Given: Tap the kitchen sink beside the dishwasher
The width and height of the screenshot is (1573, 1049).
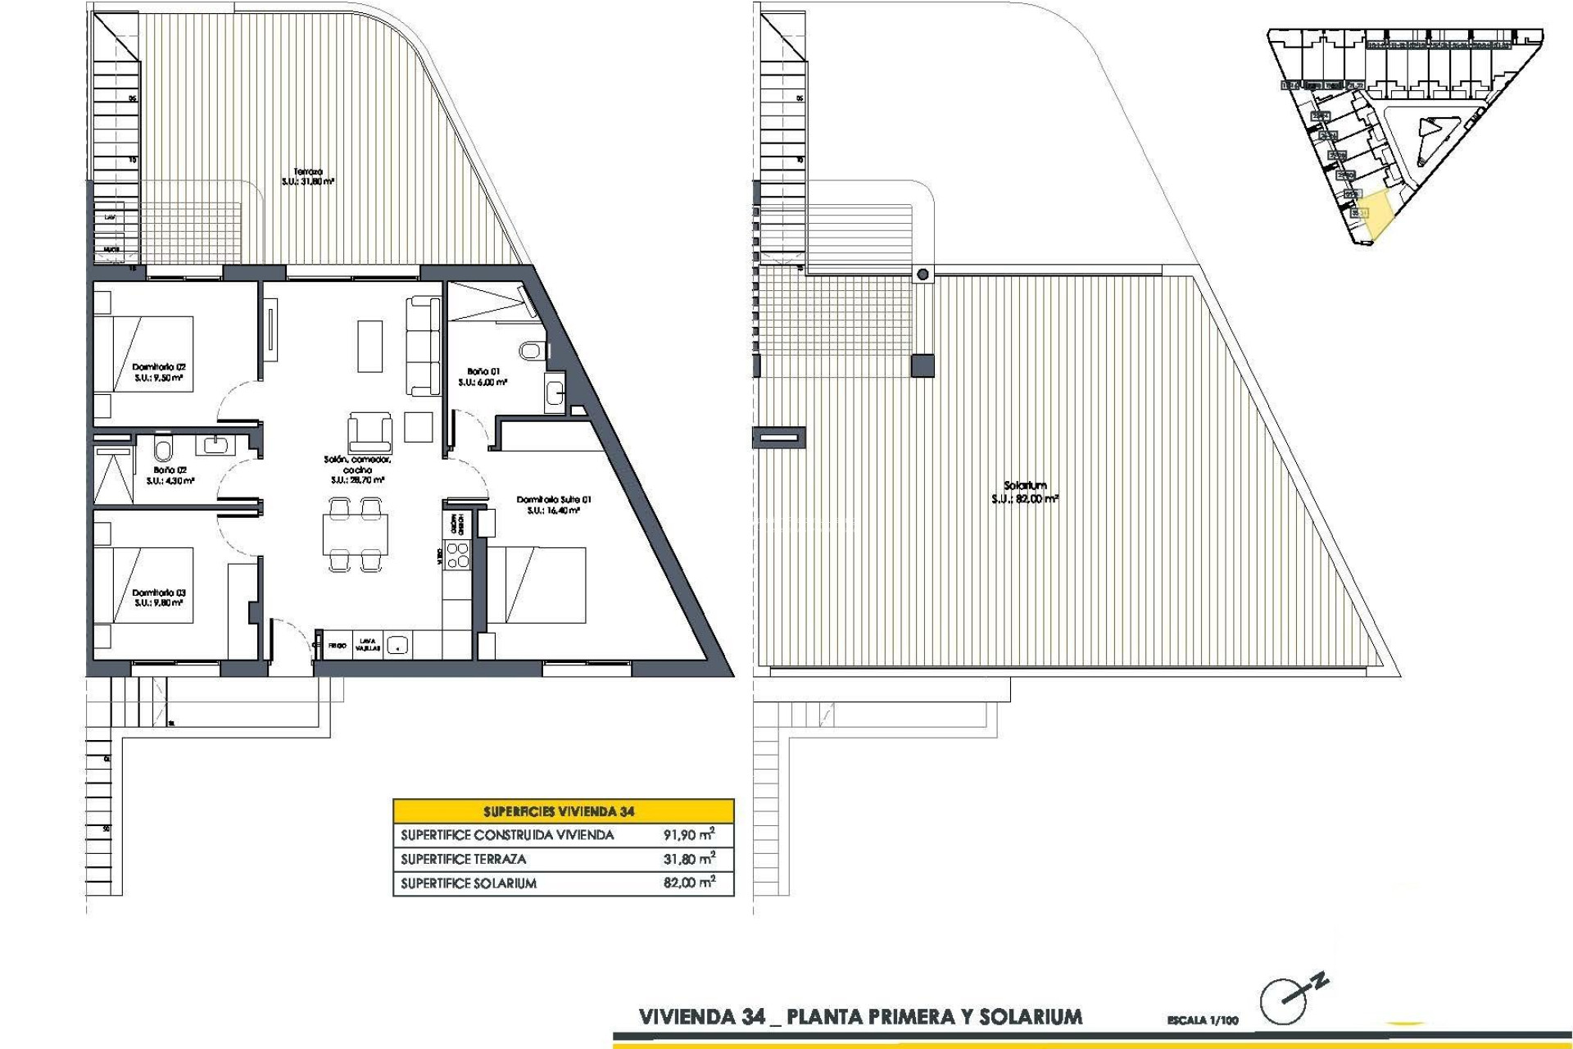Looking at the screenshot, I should click(x=397, y=645).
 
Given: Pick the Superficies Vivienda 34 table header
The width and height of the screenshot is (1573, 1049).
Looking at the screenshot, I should click(x=559, y=811).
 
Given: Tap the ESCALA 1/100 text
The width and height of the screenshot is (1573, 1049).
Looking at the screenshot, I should click(x=1203, y=1020).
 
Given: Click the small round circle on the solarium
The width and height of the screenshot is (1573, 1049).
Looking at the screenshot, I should click(x=923, y=275).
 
